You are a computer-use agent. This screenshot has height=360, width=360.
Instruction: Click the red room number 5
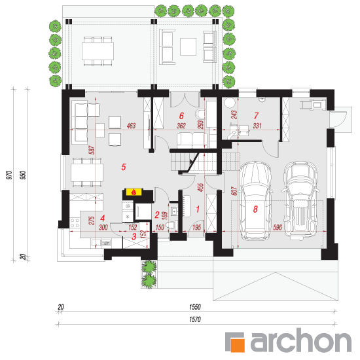click(x=124, y=167)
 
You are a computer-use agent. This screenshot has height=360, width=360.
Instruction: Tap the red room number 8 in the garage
click(x=255, y=209)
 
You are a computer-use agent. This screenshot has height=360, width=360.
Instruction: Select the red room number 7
click(x=256, y=116)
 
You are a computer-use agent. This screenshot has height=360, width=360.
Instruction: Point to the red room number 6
click(x=181, y=116)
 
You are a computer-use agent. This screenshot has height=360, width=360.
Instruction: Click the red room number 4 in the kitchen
click(x=102, y=218)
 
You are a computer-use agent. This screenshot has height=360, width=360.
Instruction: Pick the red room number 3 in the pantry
click(x=134, y=236)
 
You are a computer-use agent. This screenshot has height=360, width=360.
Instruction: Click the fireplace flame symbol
click(x=134, y=192)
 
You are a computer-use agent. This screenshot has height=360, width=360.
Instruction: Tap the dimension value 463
click(x=131, y=126)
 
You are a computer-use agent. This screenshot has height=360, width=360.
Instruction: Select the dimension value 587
click(x=92, y=150)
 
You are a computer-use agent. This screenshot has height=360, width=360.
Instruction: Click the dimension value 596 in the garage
click(x=278, y=227)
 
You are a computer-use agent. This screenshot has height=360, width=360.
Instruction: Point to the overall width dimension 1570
click(x=194, y=319)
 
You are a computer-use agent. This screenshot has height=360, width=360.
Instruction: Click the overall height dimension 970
click(x=9, y=175)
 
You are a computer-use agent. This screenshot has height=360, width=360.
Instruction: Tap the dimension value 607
click(x=234, y=191)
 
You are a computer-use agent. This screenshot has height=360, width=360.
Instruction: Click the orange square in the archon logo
click(x=238, y=345)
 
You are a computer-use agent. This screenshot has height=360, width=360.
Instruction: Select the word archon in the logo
click(x=301, y=340)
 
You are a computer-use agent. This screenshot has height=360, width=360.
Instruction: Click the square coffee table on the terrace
click(x=188, y=47)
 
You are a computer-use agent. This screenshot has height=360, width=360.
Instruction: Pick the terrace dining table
click(x=98, y=51)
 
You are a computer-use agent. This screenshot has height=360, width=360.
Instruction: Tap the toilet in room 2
click(x=172, y=225)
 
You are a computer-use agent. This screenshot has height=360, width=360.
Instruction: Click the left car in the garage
click(x=255, y=201)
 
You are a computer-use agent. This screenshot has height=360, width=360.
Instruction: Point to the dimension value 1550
click(x=194, y=307)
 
